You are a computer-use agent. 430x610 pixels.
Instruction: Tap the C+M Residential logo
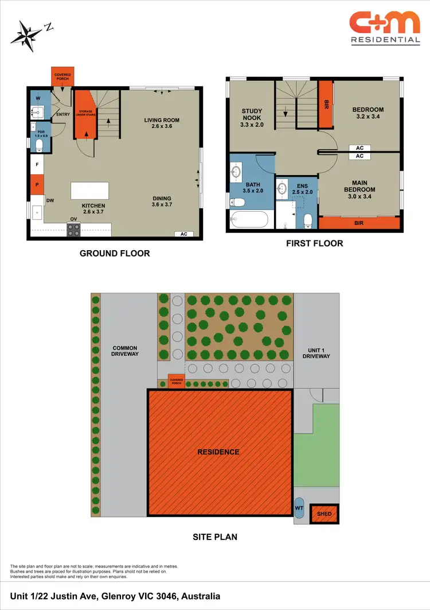coord(385,28)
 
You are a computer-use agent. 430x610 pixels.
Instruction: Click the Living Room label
coord(162,123)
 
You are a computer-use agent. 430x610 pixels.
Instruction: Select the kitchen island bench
coord(89,191)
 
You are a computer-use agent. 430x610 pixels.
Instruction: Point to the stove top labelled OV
coord(74,230)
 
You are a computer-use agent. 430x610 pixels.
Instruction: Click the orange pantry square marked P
coord(37,185)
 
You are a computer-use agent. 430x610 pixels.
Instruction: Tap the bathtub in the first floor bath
coord(248,220)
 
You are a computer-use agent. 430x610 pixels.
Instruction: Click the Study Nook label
coord(252,117)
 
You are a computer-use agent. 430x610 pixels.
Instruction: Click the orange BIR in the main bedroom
coord(359,223)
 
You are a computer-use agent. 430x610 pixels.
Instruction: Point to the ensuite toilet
coord(308,220)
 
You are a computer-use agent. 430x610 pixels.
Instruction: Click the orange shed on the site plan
coord(324,514)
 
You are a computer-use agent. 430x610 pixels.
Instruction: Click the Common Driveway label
coord(124,351)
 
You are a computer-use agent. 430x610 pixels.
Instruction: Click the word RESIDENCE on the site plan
coord(218,452)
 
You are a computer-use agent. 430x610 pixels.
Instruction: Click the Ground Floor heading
coord(115,253)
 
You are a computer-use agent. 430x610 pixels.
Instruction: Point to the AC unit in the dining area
coord(183,234)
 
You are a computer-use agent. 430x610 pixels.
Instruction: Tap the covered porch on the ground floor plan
coord(62,77)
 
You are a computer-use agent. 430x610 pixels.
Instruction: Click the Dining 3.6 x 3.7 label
coord(162,201)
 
